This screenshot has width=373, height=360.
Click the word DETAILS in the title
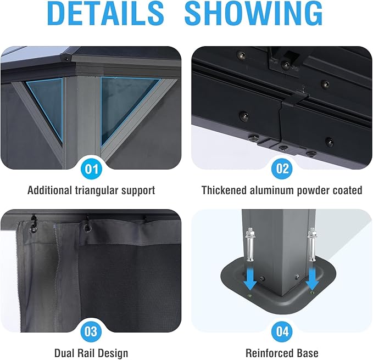point(105,13)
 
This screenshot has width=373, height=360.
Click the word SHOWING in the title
point(254,13)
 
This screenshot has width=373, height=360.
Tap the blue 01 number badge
point(92,170)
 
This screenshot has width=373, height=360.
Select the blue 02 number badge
point(282,168)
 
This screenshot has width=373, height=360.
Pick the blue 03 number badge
point(91,331)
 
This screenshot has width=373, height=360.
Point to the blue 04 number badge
point(282,331)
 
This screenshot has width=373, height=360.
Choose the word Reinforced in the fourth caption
point(269,353)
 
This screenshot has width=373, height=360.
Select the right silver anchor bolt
point(311,244)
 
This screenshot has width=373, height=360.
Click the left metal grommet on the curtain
point(34,228)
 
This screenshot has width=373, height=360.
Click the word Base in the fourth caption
point(307,353)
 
